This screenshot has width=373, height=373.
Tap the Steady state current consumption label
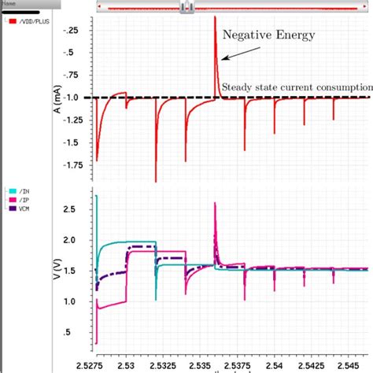(297, 87)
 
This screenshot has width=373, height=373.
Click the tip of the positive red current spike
(215, 17)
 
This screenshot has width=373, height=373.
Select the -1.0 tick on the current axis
(76, 98)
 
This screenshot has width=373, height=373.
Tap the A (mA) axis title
(57, 98)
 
